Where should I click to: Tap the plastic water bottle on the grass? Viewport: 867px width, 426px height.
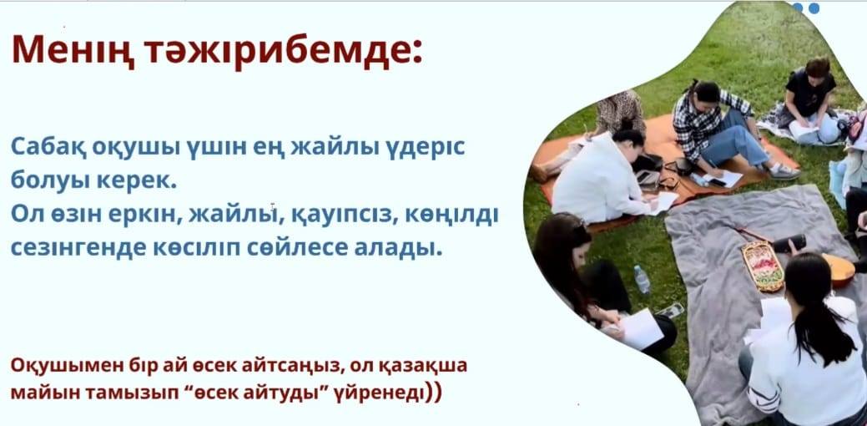click(x=642, y=279)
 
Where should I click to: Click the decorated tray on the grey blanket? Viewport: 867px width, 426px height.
click(x=763, y=265)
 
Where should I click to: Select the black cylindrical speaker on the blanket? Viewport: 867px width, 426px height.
click(x=789, y=243)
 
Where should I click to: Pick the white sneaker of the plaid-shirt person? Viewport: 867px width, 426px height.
click(x=784, y=172)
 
